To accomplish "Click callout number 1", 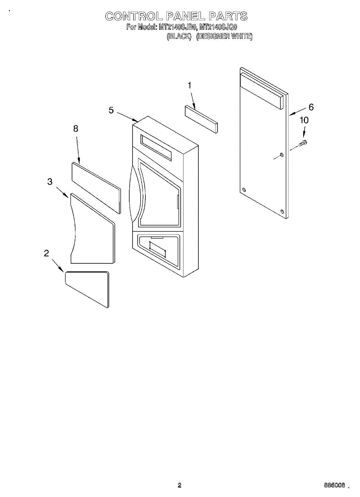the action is pos(189,86).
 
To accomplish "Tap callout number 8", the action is pos(76,129).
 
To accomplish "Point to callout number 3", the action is pos(50,181).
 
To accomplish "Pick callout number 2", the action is pos(46,253).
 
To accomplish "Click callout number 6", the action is pos(311,107).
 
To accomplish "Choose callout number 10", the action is pos(304,120).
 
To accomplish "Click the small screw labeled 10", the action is pos(303,143).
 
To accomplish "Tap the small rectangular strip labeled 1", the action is pos(201,119).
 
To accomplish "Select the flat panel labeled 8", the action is pos(96,187).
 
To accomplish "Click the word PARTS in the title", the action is pos(227,17).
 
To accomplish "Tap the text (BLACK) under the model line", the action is pos(179,36).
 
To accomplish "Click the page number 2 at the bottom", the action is pos(179,485).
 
